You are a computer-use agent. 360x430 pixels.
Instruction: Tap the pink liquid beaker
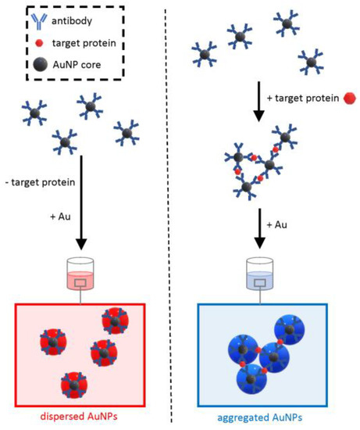coord(80,276)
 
